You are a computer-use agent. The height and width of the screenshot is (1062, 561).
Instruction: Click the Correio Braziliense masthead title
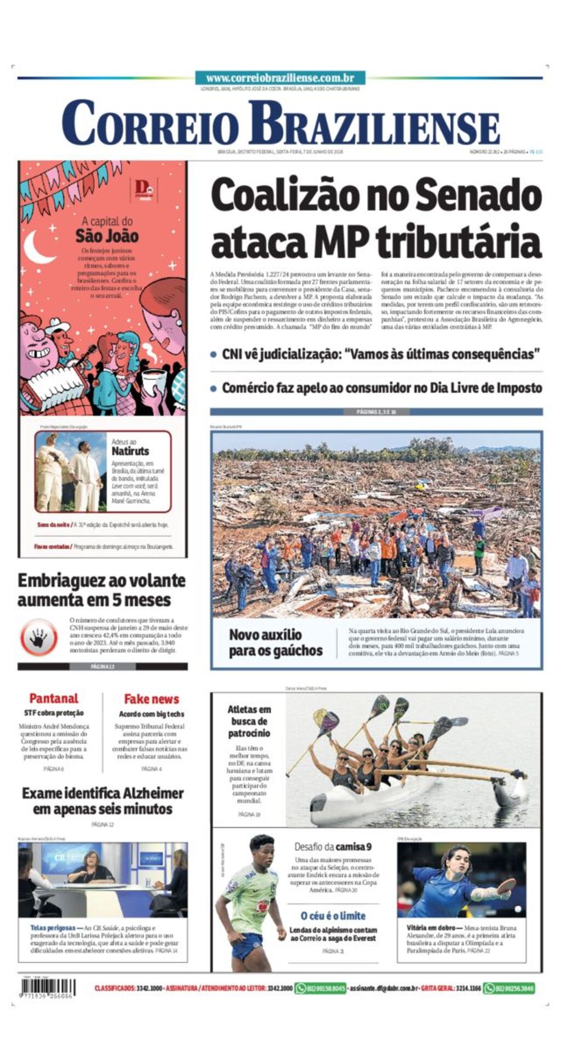tap(280, 124)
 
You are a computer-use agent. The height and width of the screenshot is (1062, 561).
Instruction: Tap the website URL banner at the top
tap(280, 78)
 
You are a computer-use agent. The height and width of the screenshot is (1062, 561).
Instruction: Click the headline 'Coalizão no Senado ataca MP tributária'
tap(376, 218)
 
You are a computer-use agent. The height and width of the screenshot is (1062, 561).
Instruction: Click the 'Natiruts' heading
tap(130, 451)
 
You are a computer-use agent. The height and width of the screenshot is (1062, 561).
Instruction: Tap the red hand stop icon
tap(39, 637)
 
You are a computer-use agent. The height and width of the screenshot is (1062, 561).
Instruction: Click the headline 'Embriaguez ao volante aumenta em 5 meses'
tap(102, 590)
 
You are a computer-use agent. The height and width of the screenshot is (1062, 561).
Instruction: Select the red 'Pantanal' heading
tap(54, 698)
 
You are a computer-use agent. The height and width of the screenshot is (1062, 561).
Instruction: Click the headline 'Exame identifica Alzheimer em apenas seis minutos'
tap(103, 801)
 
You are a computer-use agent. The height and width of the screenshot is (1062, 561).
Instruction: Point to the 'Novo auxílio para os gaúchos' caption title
tap(276, 642)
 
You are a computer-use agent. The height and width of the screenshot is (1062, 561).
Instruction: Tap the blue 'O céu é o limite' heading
tap(333, 916)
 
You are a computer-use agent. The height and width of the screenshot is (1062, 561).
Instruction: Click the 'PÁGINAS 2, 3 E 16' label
tap(376, 412)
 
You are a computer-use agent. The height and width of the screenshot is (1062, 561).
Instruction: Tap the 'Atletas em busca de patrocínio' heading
tap(249, 721)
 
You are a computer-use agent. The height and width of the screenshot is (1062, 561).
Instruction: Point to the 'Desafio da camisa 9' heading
tap(333, 847)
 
